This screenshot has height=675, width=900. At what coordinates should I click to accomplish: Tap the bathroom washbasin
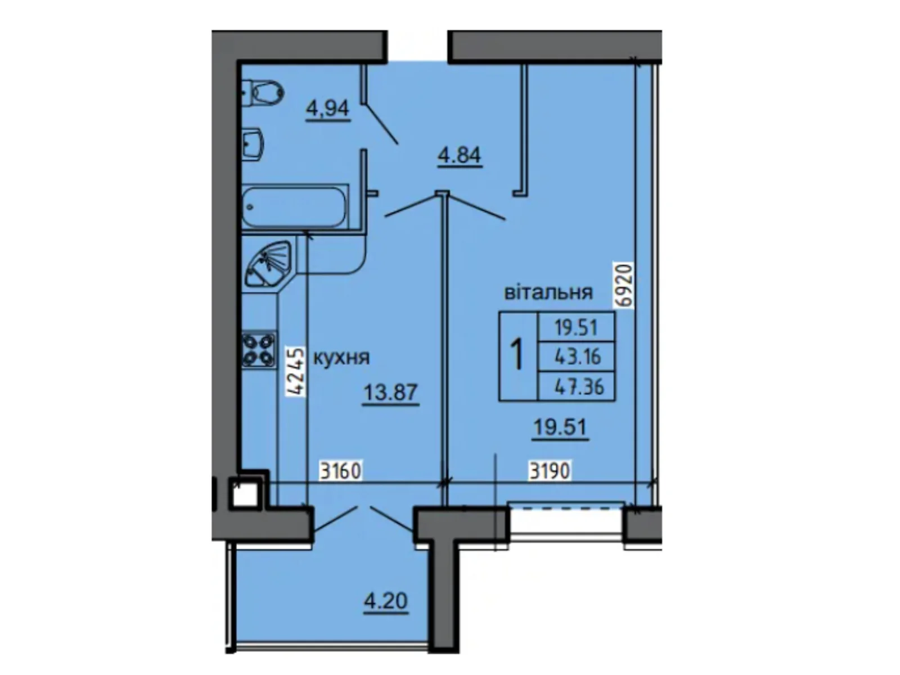click(253, 143)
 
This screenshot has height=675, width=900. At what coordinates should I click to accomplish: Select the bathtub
click(295, 207)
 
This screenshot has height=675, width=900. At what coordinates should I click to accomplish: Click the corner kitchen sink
click(269, 263)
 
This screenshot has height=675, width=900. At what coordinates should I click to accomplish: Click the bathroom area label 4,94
click(328, 110)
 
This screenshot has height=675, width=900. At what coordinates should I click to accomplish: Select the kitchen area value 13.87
click(390, 393)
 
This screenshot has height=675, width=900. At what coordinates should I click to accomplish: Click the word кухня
click(341, 358)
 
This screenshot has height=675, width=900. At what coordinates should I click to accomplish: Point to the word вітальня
click(548, 292)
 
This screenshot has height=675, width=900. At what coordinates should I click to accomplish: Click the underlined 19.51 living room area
click(560, 429)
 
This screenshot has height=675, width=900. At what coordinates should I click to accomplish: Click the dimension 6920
click(624, 285)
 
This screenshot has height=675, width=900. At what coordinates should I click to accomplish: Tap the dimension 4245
click(296, 371)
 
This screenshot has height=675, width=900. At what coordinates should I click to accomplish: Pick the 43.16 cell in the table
click(577, 357)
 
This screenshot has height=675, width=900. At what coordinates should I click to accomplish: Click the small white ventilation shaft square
click(245, 493)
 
